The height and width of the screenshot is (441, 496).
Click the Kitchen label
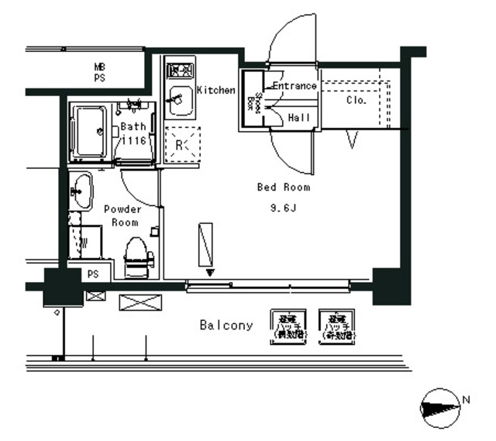click(215, 90)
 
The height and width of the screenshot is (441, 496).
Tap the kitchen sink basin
click(180, 101)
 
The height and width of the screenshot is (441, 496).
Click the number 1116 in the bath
click(133, 141)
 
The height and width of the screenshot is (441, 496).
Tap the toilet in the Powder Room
click(136, 257)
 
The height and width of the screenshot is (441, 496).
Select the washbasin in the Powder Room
click(81, 188)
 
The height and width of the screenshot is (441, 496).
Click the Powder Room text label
click(122, 215)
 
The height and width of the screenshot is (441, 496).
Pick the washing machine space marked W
click(84, 243)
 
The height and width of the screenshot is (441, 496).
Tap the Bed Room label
click(284, 188)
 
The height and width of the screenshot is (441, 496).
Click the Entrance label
click(294, 85)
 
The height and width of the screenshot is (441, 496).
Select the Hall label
click(299, 118)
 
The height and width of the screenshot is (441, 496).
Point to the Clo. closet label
click(356, 100)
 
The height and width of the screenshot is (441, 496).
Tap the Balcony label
click(226, 326)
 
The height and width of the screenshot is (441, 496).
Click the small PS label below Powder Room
click(93, 274)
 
